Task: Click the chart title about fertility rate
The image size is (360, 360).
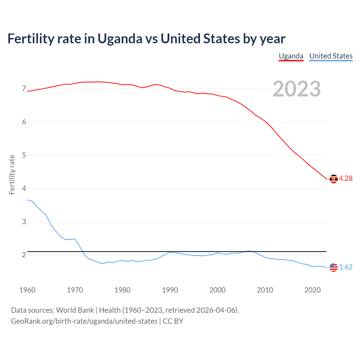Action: click(146, 39)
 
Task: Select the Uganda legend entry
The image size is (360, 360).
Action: click(291, 56)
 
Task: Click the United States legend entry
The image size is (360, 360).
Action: click(331, 56)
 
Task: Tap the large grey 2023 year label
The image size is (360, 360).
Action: click(296, 89)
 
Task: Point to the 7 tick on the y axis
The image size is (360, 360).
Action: click(24, 89)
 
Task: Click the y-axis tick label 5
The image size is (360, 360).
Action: click(24, 155)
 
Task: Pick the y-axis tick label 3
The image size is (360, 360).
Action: click(24, 222)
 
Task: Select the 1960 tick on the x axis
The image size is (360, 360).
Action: click(27, 290)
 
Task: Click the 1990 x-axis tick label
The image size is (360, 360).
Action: click(170, 290)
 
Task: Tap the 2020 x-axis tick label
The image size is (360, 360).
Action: click(312, 290)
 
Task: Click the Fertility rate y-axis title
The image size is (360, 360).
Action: click(12, 174)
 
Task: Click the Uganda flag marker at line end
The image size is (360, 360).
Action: click(334, 179)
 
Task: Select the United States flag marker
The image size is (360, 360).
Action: click(334, 267)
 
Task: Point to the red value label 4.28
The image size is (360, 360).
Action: click(346, 179)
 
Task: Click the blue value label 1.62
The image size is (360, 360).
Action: click(346, 267)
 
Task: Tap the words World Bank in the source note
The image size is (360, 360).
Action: click(75, 310)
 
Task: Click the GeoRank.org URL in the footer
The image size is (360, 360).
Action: click(84, 321)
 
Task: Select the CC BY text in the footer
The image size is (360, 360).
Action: click(173, 321)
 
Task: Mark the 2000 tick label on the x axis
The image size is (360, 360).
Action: click(217, 290)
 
